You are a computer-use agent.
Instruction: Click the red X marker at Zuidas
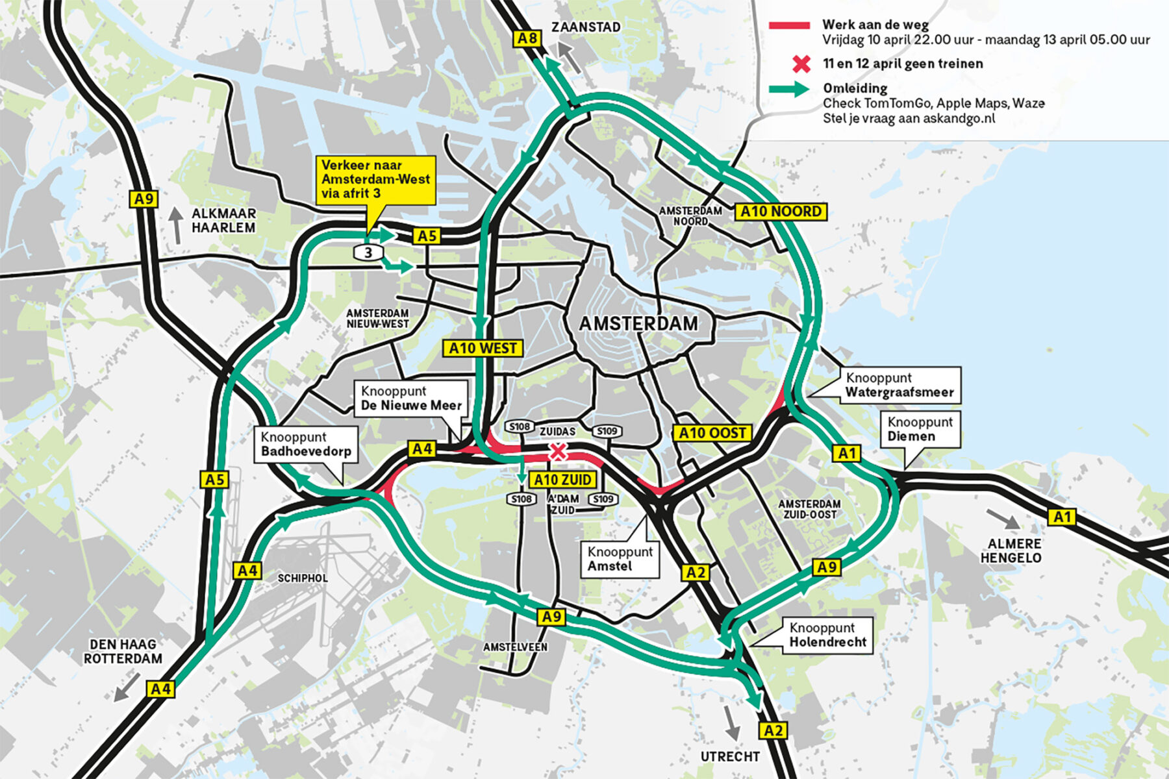click(x=557, y=452)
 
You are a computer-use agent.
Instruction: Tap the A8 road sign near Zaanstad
click(x=527, y=38)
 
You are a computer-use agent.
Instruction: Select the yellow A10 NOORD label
click(x=781, y=212)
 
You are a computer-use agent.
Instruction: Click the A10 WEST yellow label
click(x=483, y=348)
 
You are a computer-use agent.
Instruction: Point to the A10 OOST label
click(x=712, y=433)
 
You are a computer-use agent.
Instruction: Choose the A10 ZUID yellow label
click(x=563, y=480)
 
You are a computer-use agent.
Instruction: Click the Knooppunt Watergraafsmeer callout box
click(x=899, y=385)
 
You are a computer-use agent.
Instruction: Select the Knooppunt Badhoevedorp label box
click(x=305, y=444)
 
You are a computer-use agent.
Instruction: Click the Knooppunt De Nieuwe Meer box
click(x=410, y=399)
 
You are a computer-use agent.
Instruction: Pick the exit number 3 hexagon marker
click(x=368, y=252)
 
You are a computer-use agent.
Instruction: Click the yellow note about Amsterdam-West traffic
click(x=375, y=180)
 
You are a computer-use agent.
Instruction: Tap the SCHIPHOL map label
click(x=303, y=578)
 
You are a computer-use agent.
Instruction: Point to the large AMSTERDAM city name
click(x=638, y=323)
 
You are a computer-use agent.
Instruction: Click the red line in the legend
click(x=789, y=25)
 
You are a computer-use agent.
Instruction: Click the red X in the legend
click(x=802, y=64)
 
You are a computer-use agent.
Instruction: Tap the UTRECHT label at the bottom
click(x=729, y=757)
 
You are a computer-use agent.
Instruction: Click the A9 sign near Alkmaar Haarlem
click(x=144, y=199)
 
